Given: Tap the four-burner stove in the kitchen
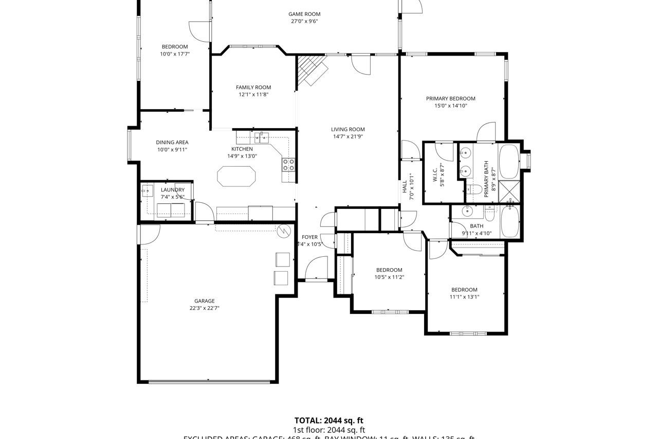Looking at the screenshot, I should coord(288,165).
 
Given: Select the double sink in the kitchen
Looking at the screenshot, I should coord(261,137).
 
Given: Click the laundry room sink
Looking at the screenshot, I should coord(147,191).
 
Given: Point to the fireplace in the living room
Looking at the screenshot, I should coord(312,70).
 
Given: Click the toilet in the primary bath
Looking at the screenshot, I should coord(475,190).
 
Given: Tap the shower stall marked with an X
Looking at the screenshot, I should coord(509,191).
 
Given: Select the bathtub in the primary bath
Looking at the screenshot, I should coord(509,161).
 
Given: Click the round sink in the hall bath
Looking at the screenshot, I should coord(468,211).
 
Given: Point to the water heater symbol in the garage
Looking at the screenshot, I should coord(284,231).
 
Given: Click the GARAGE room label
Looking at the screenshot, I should coord(205,301).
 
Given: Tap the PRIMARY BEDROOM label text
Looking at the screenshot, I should coord(450,98).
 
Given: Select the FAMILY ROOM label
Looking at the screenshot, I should coord(253,87).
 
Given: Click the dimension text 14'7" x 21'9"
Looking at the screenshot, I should coord(348,137).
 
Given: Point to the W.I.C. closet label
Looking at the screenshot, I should coord(435,171).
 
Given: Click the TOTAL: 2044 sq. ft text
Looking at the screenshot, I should coord(328,420).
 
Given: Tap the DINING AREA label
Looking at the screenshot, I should coord(172,143).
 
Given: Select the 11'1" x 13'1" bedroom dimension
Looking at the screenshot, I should coord(464,297).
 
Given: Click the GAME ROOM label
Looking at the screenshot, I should coord(304,14).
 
